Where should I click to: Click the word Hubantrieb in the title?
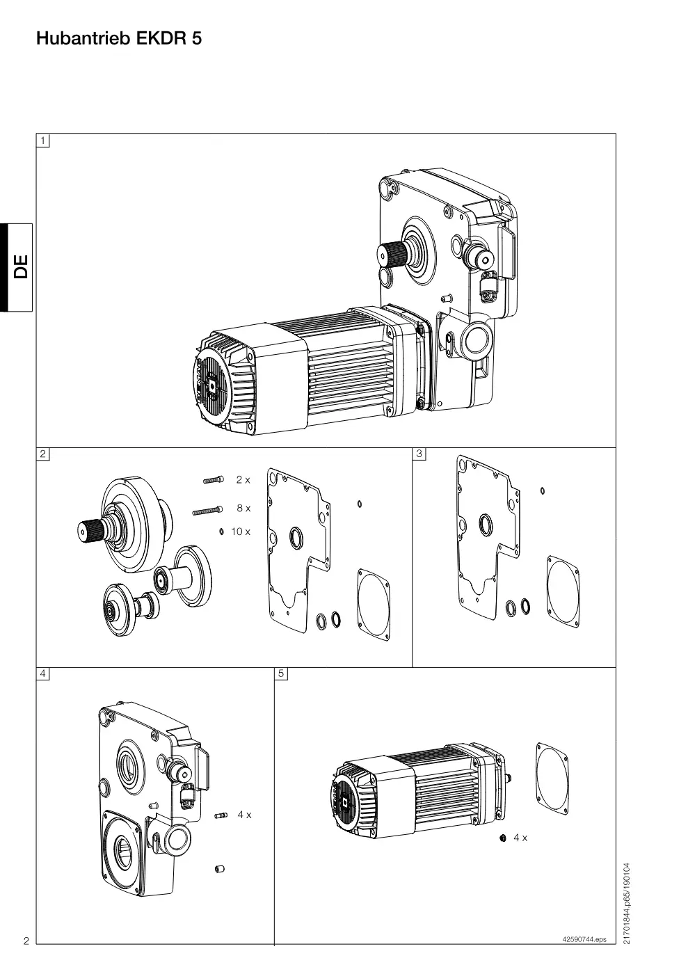(x=83, y=39)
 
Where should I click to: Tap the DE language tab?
(x=17, y=267)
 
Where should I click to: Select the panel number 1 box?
(x=42, y=141)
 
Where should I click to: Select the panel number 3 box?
(x=419, y=454)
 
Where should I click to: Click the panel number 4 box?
(x=42, y=673)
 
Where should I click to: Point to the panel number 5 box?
(x=281, y=673)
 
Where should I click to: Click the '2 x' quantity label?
(x=243, y=480)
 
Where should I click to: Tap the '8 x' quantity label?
(x=243, y=509)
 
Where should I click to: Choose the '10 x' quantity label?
(x=241, y=532)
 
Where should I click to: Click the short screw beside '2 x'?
(x=214, y=480)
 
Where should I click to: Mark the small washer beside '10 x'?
(x=221, y=532)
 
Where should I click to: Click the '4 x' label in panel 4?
(x=244, y=815)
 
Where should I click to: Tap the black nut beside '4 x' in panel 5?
(x=503, y=838)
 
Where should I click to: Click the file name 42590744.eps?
(x=584, y=939)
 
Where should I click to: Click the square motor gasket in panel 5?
(x=552, y=780)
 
